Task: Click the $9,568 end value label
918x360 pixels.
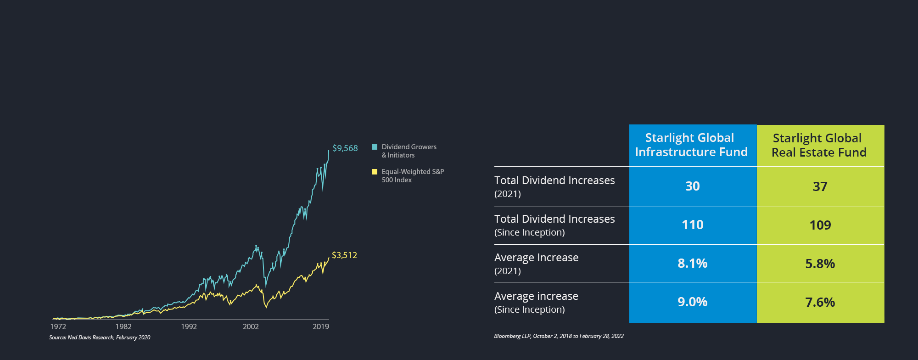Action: [x=345, y=148]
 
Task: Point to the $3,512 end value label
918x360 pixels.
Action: [x=344, y=255]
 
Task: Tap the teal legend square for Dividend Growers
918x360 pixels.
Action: [x=375, y=147]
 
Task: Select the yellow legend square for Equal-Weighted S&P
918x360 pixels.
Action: [x=375, y=172]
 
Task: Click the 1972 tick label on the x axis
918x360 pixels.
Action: [x=58, y=326]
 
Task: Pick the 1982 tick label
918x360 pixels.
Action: [x=123, y=326]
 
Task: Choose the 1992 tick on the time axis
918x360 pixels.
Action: [x=189, y=326]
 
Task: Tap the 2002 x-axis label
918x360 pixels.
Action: [x=251, y=326]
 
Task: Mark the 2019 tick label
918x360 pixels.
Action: [x=321, y=326]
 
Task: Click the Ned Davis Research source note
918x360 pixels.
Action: [x=100, y=337]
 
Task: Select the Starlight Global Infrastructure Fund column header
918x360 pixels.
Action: [x=692, y=145]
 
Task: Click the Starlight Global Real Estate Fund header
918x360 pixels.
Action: [x=819, y=146]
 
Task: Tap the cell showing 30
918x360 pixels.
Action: [x=693, y=186]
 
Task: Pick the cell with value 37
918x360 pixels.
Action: [x=820, y=187]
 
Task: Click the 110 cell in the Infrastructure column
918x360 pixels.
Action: [x=693, y=225]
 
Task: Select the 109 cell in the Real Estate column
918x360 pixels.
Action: [x=820, y=225]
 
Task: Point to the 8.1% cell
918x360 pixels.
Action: [x=693, y=264]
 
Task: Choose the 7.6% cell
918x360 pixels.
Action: [x=820, y=303]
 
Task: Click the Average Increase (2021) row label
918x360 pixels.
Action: [x=537, y=263]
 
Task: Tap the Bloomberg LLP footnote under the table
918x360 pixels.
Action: [x=559, y=336]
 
